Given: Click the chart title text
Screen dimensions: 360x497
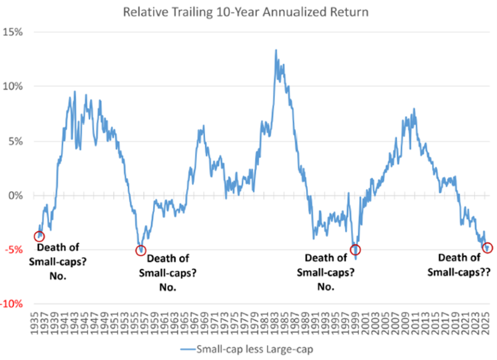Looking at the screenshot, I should [246, 12].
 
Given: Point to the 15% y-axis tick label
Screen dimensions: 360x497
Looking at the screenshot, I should [14, 32].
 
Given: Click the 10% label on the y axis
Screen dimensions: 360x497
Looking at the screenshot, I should [14, 87].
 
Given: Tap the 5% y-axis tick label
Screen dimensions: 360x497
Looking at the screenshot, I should [17, 142].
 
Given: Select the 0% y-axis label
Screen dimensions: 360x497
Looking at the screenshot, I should [17, 196].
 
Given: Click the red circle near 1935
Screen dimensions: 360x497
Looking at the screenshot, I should [39, 236].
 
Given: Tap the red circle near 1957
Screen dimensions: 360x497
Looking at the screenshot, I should [141, 250].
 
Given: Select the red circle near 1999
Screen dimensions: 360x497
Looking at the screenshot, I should [355, 250].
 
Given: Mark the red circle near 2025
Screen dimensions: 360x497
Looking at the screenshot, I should [487, 248].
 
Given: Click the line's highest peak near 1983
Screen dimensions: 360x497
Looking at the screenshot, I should [276, 50].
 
